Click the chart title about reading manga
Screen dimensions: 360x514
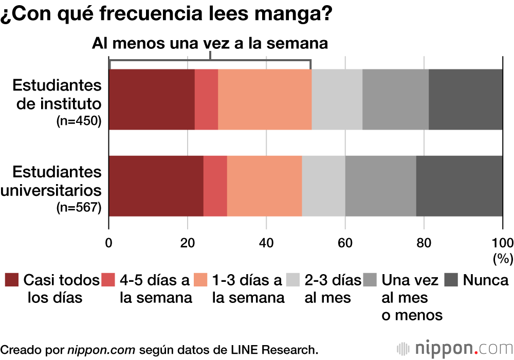[x=166, y=14]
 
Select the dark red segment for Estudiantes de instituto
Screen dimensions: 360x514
[x=152, y=99]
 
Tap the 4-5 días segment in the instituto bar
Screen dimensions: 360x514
[x=206, y=99]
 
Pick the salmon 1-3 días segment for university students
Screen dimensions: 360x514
[x=264, y=186]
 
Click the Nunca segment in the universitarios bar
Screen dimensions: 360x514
[x=459, y=186]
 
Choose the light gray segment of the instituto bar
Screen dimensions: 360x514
[x=337, y=99]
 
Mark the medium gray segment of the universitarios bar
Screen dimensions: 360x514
[x=380, y=186]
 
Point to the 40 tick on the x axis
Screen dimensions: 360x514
[x=266, y=243]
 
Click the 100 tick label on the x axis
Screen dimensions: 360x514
[x=502, y=243]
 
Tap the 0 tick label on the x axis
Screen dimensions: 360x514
[x=109, y=243]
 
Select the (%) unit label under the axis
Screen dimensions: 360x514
[x=502, y=258]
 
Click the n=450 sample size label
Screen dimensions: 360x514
[x=79, y=122]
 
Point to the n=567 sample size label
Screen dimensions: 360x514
[x=79, y=208]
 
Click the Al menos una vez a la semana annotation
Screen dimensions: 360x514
[x=210, y=43]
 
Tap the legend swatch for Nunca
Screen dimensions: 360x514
[x=451, y=280]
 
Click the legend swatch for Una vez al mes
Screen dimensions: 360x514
[x=370, y=280]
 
